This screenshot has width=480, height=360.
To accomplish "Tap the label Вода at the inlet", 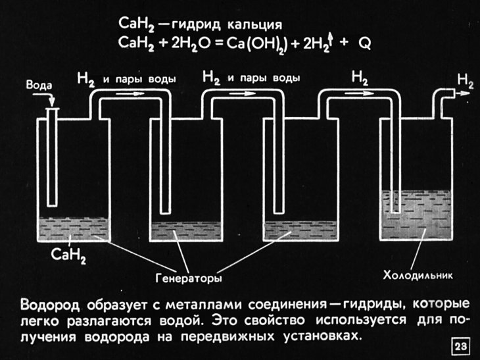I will tap(38, 86).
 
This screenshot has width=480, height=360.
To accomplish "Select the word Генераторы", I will tap(188, 278).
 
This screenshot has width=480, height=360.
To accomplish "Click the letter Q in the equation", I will tap(365, 43).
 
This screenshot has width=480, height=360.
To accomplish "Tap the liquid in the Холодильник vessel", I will tap(414, 220).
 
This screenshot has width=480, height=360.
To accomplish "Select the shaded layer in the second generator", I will tap(184, 230).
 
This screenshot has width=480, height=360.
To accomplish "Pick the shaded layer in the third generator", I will tap(296, 230).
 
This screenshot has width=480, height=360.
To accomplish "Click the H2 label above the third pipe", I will tap(360, 77).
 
